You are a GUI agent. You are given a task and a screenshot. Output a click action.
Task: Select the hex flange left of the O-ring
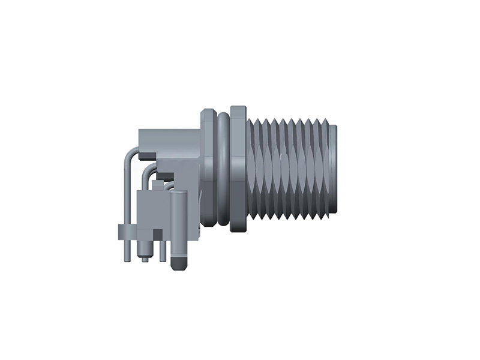(x=207, y=168)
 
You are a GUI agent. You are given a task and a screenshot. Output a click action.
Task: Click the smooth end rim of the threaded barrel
(x=334, y=168)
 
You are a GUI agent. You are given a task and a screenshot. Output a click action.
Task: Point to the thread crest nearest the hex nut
(x=251, y=168)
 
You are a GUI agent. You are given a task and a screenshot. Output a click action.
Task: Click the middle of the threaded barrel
(x=291, y=168)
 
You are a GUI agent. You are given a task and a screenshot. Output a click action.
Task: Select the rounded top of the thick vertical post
(x=178, y=194)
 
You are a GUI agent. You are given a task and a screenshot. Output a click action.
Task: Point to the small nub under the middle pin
(x=145, y=259)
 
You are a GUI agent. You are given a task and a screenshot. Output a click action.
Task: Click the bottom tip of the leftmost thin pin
(x=127, y=259)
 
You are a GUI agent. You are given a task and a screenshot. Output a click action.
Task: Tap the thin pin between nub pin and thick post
(x=162, y=253)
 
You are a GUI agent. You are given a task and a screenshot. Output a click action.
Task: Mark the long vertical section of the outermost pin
(x=126, y=198)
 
